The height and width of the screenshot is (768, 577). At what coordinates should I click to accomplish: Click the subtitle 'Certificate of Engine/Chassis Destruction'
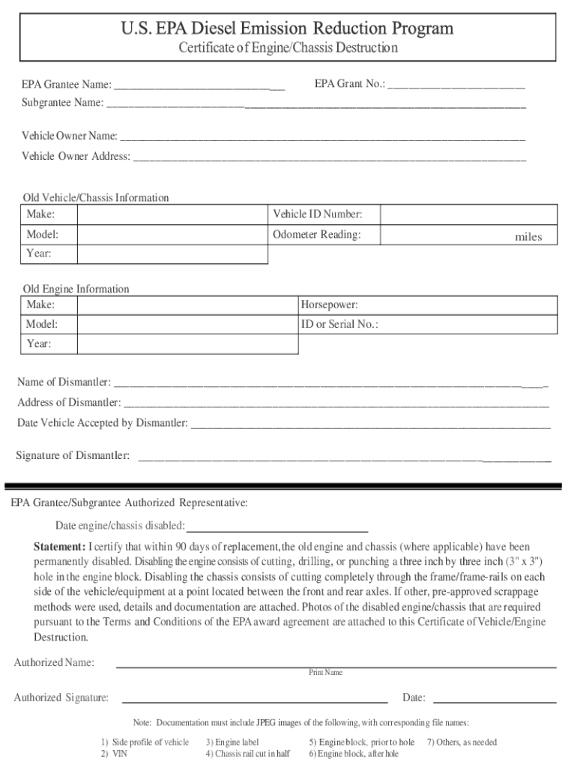pyautogui.click(x=288, y=49)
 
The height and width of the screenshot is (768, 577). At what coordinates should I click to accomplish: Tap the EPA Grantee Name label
pyautogui.click(x=67, y=85)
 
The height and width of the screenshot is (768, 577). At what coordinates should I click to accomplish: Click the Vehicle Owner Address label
pyautogui.click(x=76, y=157)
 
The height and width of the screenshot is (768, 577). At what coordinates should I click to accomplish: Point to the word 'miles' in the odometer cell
pyautogui.click(x=528, y=237)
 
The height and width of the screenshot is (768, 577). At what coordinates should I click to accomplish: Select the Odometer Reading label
pyautogui.click(x=316, y=235)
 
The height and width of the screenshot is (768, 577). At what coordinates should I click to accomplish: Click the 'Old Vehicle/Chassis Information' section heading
pyautogui.click(x=96, y=198)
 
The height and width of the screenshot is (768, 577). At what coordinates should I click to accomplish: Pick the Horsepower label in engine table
pyautogui.click(x=329, y=305)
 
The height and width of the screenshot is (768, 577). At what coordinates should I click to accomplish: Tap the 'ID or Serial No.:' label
pyautogui.click(x=339, y=325)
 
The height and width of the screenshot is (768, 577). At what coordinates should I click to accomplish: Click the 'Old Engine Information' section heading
pyautogui.click(x=76, y=289)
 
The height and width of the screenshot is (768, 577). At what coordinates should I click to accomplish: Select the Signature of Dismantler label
pyautogui.click(x=73, y=456)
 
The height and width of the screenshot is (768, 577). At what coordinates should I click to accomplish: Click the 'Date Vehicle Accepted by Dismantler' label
pyautogui.click(x=103, y=423)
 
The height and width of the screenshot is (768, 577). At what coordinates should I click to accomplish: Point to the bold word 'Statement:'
pyautogui.click(x=59, y=547)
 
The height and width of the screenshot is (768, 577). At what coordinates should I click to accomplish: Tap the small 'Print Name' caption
pyautogui.click(x=325, y=673)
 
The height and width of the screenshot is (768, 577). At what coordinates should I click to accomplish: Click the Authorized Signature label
pyautogui.click(x=61, y=698)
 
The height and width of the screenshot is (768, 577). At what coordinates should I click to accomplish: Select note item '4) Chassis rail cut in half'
pyautogui.click(x=247, y=754)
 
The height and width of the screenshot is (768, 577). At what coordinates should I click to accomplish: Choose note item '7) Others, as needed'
pyautogui.click(x=462, y=742)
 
